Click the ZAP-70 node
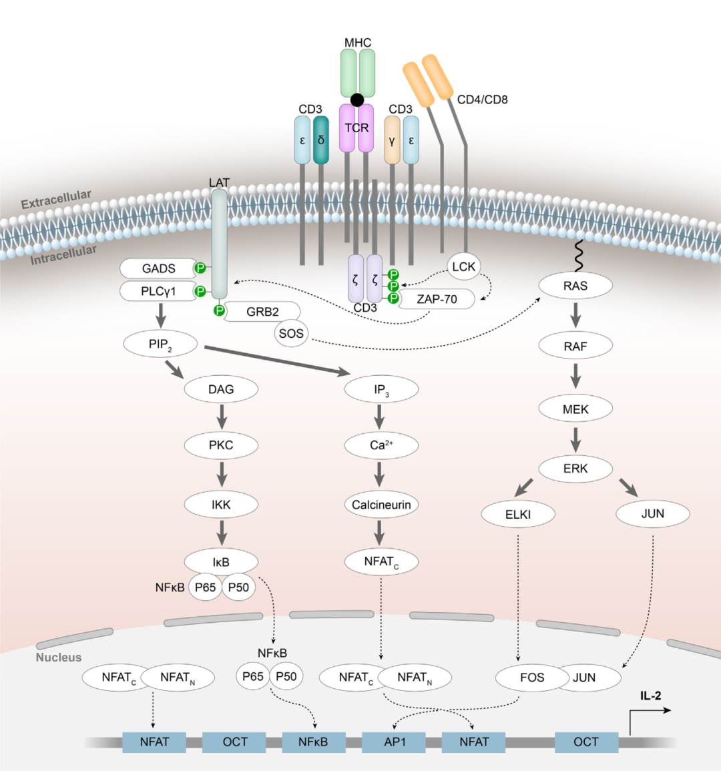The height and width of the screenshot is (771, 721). coord(437,299)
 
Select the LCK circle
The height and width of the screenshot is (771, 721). coord(463,267)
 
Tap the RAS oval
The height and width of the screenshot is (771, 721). coord(575,286)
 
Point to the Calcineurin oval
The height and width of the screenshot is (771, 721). coord(381,505)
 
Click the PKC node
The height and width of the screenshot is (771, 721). coord(221,445)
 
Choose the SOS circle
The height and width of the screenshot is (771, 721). coord(291,333)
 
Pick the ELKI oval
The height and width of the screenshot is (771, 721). coord(518,515)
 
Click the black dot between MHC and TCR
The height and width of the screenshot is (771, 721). coord(357,100)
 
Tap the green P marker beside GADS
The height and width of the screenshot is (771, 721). coord(200,268)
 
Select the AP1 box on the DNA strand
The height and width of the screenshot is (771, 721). coord(395,742)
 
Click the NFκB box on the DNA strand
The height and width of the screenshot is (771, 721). coord(313,742)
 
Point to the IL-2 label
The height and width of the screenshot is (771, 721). coord(650,696)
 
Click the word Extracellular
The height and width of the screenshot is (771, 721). coord(56,199)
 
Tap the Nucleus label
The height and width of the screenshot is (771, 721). coord(59,658)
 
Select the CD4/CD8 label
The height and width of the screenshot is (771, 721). coord(482,99)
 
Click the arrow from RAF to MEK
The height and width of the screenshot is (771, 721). coord(575,375)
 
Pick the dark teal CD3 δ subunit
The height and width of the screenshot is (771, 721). coord(321,140)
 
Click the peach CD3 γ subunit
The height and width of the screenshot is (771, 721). coord(392,140)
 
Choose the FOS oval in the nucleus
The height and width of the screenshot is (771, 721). coord(531,678)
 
